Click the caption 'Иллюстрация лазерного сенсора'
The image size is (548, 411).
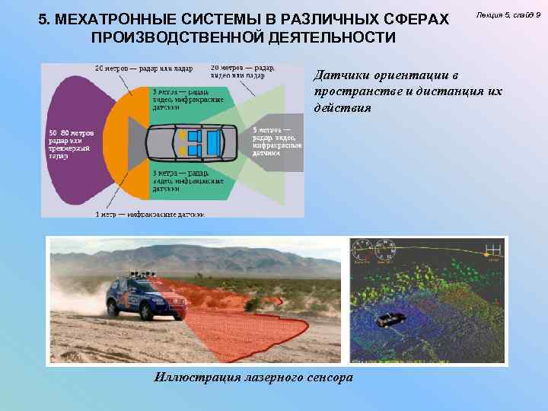tap(253, 376)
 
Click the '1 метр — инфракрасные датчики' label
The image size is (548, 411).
tap(149, 215)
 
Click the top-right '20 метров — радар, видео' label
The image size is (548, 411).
tap(243, 71)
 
